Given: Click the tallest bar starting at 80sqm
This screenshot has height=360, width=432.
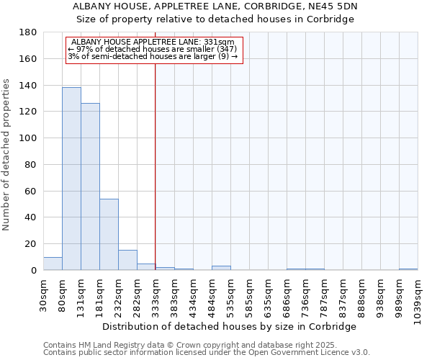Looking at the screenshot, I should [71, 179].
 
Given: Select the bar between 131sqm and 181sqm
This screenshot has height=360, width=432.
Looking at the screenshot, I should [90, 186].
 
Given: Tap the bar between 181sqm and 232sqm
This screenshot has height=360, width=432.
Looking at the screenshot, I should [109, 234].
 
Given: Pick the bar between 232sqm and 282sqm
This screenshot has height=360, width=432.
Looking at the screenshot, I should [127, 260].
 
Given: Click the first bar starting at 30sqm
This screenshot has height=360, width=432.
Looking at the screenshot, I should [53, 264].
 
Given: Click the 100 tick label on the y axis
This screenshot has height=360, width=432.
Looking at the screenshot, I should [29, 138].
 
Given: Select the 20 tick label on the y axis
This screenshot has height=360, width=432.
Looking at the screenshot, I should [32, 244].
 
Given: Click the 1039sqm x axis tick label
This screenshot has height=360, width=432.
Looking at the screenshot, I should [418, 298].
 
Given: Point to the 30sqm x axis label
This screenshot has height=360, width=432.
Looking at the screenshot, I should [44, 294].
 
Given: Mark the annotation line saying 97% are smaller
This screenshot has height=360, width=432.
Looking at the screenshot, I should [152, 49].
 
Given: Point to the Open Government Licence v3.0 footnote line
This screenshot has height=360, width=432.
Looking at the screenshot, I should [206, 352].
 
